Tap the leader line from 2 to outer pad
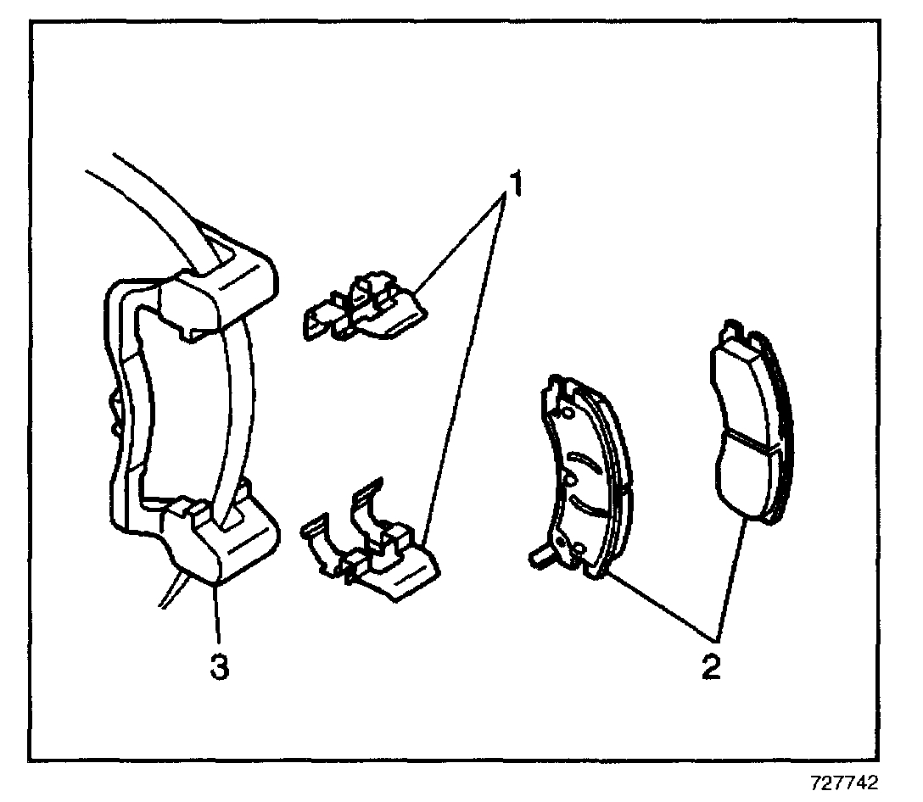click(x=733, y=576)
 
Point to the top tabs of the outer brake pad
click(x=737, y=333)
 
